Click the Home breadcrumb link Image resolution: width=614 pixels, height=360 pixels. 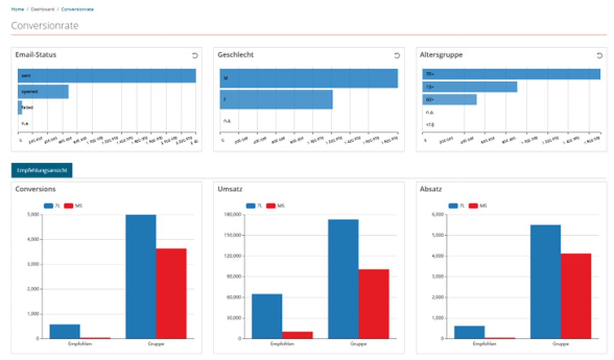[x=17, y=9]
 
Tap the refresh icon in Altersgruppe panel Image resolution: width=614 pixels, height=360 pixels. [x=599, y=55]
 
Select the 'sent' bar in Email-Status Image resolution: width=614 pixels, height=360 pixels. [x=106, y=76]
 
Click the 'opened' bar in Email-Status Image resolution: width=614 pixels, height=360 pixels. [x=43, y=92]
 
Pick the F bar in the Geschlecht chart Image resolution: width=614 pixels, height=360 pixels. [x=276, y=99]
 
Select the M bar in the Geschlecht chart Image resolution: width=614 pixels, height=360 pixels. [x=309, y=78]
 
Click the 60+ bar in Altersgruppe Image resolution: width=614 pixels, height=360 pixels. [x=449, y=99]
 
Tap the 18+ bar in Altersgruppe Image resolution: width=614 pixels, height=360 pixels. [x=469, y=87]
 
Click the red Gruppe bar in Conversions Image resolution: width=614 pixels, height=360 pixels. [x=171, y=293]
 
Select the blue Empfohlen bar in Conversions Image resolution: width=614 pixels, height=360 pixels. [x=64, y=331]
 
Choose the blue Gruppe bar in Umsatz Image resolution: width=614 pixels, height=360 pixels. [x=343, y=279]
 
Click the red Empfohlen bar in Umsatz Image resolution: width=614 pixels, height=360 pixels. [x=297, y=335]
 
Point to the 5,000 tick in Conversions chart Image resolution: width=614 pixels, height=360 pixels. [x=32, y=215]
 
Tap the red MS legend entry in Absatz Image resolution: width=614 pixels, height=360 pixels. [x=478, y=206]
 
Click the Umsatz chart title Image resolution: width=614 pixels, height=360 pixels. [x=230, y=189]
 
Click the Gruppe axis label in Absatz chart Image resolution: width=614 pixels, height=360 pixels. [x=561, y=344]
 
